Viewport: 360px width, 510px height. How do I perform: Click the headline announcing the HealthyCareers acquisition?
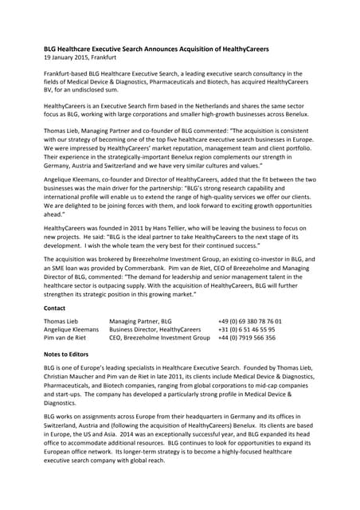click(156, 49)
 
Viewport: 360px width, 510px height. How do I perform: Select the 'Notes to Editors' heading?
click(66, 353)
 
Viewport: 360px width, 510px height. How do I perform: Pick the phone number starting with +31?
click(247, 329)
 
